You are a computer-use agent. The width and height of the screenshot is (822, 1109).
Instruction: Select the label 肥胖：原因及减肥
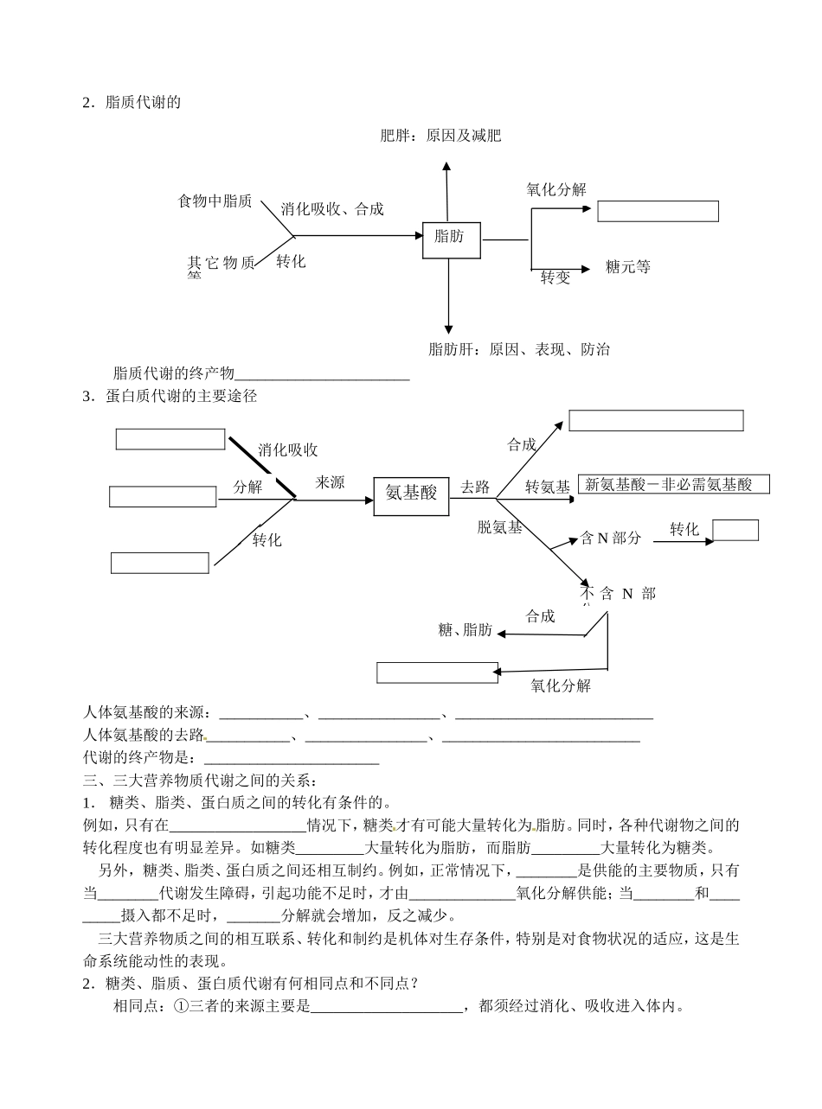point(440,136)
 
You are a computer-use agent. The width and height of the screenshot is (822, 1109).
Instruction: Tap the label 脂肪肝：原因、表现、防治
point(518,349)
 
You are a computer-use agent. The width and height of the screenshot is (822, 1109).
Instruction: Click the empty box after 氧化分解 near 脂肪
point(658,212)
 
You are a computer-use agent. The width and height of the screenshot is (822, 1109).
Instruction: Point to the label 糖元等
point(628,267)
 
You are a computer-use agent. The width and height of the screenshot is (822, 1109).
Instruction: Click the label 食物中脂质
point(215,201)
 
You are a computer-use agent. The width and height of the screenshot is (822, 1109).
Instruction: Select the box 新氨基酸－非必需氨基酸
point(673,485)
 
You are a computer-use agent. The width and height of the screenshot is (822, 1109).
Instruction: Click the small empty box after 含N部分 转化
point(735,530)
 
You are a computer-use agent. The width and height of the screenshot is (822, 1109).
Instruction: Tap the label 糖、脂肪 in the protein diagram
point(466,630)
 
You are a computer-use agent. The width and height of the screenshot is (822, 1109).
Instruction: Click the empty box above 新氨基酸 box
point(656,421)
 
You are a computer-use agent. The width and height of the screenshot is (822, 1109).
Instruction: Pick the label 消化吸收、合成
point(332,209)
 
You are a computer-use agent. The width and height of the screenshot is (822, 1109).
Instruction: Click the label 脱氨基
point(500,527)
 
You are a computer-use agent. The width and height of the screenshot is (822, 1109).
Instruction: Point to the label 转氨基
point(548,488)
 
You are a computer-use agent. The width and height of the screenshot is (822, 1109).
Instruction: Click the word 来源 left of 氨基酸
point(330,482)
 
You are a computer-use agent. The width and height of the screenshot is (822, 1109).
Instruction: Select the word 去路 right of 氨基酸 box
point(475,487)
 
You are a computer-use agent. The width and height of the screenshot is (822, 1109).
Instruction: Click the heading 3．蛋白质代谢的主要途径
point(170,397)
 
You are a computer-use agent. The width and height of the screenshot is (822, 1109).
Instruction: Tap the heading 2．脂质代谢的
point(132,102)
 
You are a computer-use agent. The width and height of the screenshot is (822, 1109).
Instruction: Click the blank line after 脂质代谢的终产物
point(322,374)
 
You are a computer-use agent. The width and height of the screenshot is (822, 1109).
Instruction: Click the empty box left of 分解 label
point(163,497)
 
